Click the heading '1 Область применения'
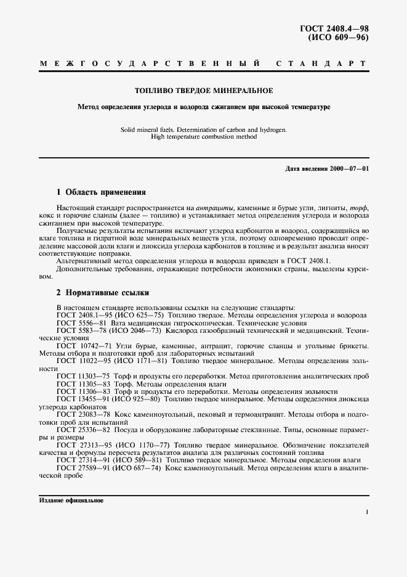[101, 192]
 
